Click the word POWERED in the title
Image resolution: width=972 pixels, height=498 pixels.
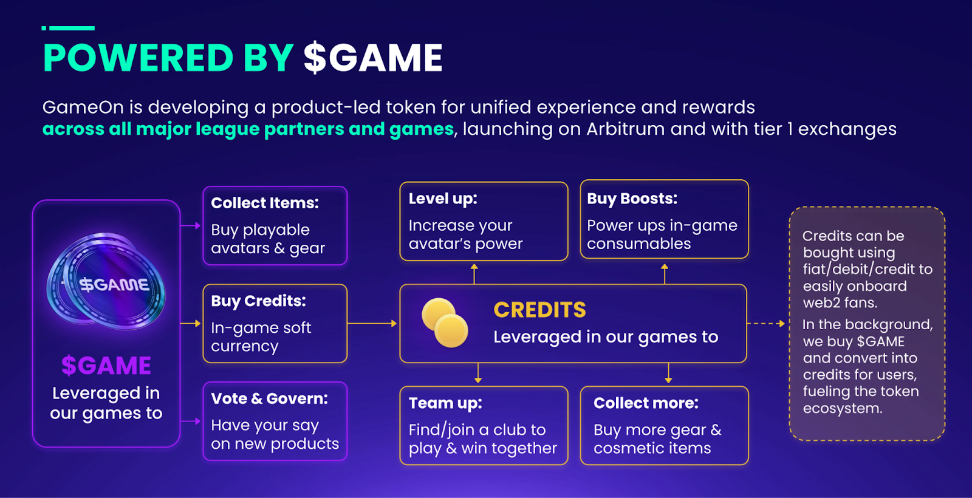[x=139, y=58]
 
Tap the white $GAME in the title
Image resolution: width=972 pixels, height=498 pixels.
[x=373, y=58]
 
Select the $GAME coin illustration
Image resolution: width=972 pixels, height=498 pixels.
[x=106, y=281]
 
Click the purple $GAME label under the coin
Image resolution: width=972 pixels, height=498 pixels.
[x=106, y=365]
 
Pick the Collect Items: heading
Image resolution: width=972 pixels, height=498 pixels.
[x=265, y=203]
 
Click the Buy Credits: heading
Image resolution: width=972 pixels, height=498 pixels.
[x=258, y=301]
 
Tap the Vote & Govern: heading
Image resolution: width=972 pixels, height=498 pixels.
[x=270, y=398]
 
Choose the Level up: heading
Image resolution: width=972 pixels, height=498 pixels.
[x=443, y=199]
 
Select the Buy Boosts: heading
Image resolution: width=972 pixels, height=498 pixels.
[x=632, y=199]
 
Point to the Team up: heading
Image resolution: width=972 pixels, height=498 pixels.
[x=445, y=403]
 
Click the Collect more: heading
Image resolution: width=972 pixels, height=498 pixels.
[x=646, y=403]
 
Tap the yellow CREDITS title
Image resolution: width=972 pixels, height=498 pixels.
[x=540, y=310]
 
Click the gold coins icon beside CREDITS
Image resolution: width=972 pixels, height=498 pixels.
[x=445, y=322]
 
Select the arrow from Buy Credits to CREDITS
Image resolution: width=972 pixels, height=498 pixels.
[x=372, y=323]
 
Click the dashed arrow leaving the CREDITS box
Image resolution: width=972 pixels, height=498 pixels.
[x=765, y=324]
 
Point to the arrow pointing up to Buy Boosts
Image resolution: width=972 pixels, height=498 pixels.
[x=665, y=274]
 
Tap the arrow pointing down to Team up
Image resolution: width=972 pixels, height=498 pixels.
[x=477, y=373]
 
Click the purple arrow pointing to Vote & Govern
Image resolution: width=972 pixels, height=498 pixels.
[x=191, y=421]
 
